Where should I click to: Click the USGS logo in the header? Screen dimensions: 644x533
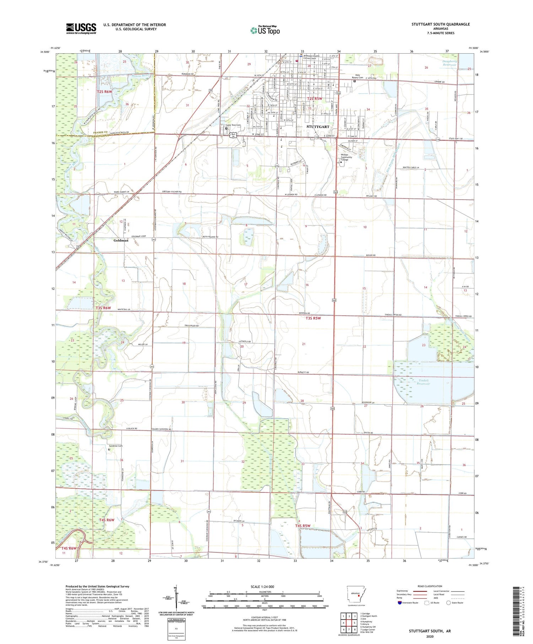[81, 28]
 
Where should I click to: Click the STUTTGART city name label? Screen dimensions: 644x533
[318, 126]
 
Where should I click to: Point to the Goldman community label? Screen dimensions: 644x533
[121, 240]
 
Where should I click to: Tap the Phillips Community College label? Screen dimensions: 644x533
[346, 157]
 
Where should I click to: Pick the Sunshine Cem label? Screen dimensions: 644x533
[115, 446]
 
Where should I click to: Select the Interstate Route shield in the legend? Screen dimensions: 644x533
[400, 603]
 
